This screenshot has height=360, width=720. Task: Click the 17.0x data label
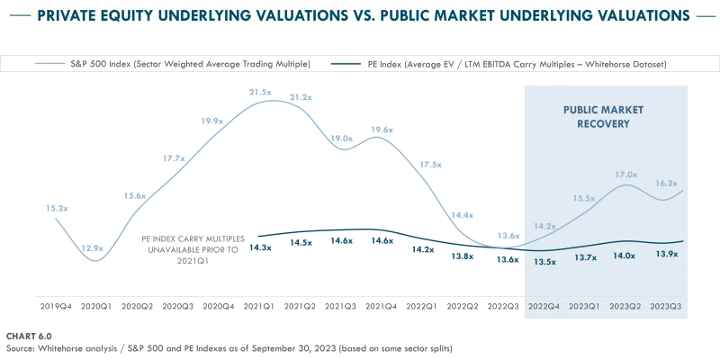click(626, 174)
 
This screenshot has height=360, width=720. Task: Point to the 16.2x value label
click(666, 183)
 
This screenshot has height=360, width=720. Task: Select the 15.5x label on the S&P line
click(583, 198)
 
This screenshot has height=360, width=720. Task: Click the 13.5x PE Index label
click(545, 261)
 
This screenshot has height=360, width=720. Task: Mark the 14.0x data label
click(625, 256)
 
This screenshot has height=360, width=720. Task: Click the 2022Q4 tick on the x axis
click(544, 307)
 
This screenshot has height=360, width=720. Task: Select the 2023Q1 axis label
click(585, 307)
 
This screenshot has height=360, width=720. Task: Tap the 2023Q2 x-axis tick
click(625, 307)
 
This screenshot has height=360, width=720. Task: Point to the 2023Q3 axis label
click(665, 307)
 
